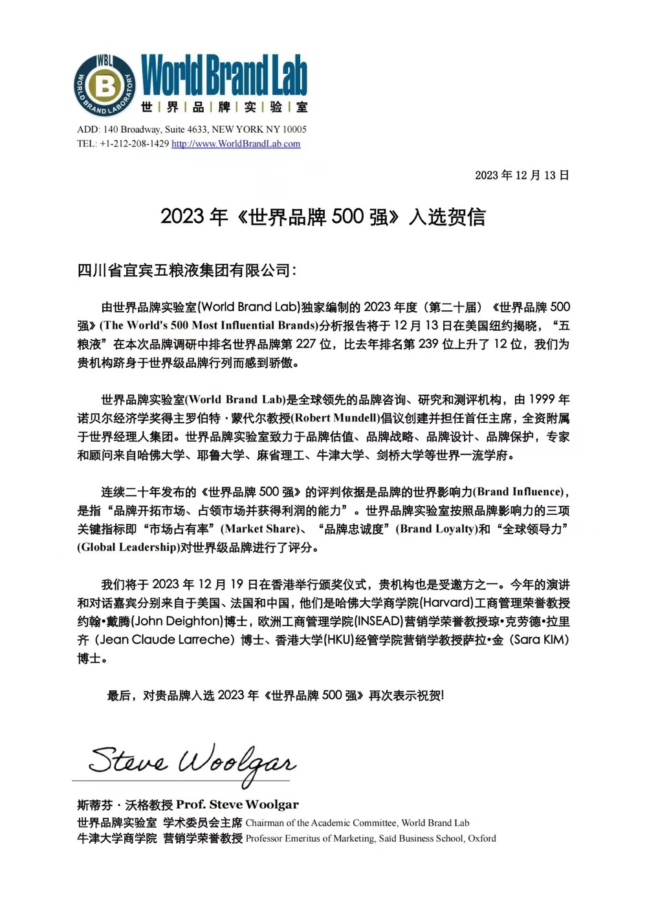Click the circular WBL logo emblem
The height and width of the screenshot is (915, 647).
(x=105, y=85)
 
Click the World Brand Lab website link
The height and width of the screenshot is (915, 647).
(x=236, y=144)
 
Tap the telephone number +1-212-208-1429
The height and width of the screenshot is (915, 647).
(x=134, y=144)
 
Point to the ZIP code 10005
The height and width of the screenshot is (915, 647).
(x=294, y=130)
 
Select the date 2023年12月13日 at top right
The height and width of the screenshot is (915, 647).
(x=521, y=175)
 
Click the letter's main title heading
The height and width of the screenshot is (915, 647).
(x=323, y=217)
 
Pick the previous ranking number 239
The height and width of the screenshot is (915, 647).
(x=428, y=344)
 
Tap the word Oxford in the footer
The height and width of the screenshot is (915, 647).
(x=482, y=839)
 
